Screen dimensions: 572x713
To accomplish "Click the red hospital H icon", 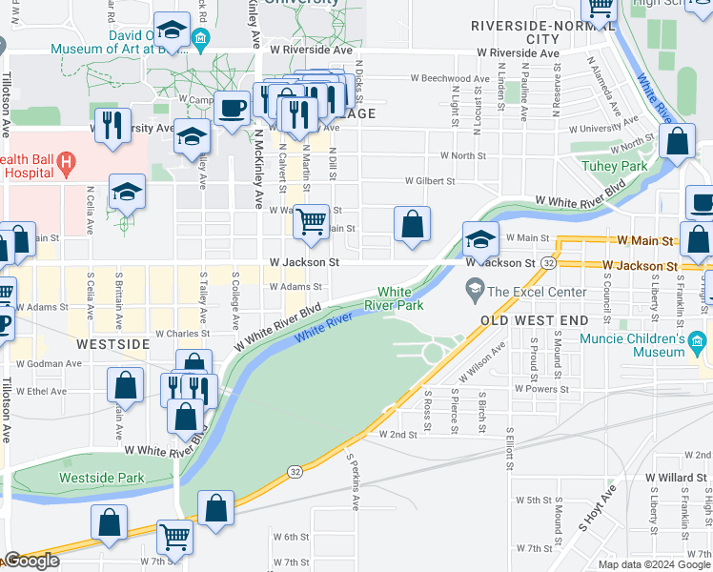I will point(66,163).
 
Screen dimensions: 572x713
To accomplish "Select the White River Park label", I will point(400,298).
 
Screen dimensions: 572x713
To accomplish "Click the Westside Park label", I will point(89,477).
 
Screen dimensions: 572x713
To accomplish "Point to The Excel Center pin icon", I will point(475,287).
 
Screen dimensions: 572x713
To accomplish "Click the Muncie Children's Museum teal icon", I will point(697,340).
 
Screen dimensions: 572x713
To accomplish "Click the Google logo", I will point(31,561).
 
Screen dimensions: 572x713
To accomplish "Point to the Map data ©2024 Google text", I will point(654,564).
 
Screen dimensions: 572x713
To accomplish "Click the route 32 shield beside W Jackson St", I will point(549,262).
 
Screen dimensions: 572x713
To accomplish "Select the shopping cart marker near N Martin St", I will point(311,222).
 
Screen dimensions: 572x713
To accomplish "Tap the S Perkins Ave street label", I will point(351,481).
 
